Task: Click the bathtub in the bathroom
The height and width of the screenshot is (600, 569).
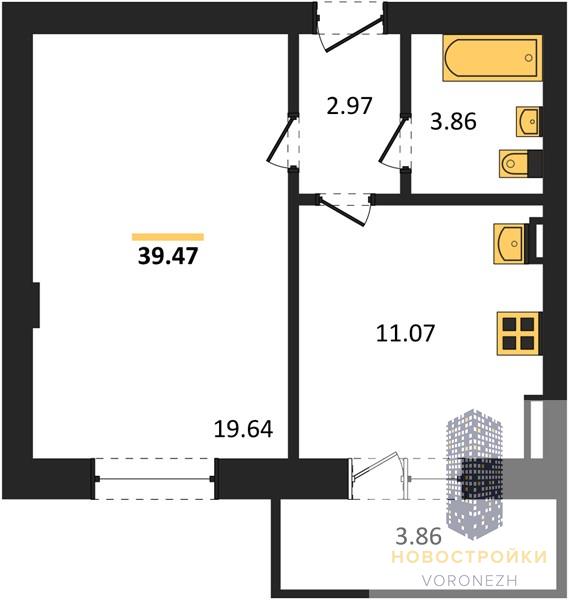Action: coord(492,58)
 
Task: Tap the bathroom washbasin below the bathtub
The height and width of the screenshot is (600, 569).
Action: coord(529,121)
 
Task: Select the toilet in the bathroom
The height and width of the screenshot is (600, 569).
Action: coord(515,163)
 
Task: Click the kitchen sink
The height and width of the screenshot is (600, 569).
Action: coord(510,244)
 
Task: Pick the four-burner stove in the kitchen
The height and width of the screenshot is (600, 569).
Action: coord(518,334)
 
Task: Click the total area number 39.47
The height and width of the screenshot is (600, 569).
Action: coord(168,256)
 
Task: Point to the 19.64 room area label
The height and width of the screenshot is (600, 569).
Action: coord(243,429)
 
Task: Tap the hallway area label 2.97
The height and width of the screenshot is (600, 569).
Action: coord(349,106)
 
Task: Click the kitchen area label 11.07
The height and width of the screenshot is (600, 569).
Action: coord(406,333)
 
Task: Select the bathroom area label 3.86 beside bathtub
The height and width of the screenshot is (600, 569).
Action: coord(453,122)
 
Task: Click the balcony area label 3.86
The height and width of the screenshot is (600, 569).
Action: coord(419,536)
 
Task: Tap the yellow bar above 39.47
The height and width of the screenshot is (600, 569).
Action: coord(168,237)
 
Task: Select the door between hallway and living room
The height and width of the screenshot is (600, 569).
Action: coord(282,141)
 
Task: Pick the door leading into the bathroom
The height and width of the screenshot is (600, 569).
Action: coord(395,141)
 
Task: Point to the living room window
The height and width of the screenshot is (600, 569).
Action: coord(155,479)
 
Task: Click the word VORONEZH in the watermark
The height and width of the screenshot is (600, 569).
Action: coord(470,580)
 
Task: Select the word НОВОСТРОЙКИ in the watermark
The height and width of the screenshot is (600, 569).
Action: coord(470,557)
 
